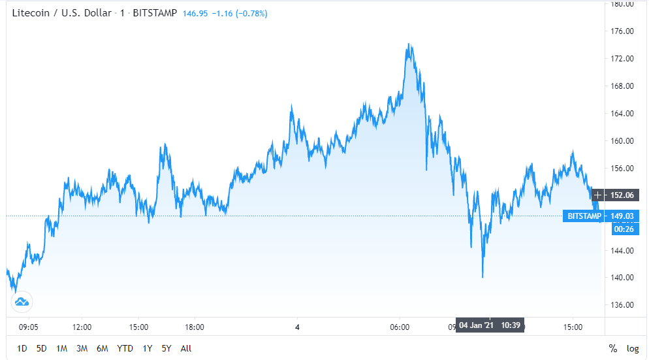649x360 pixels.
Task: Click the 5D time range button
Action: click(x=42, y=348)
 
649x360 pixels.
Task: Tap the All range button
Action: click(x=186, y=348)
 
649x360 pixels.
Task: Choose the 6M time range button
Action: click(x=102, y=348)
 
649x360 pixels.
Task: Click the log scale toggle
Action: click(x=633, y=348)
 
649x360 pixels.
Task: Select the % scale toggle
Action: click(x=613, y=348)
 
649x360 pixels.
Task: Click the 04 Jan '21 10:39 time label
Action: click(x=490, y=325)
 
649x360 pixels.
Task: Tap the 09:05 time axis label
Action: click(x=29, y=327)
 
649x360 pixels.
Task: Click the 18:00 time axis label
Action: click(x=195, y=327)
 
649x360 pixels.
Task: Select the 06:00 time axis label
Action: click(x=400, y=327)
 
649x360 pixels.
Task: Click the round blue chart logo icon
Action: click(x=21, y=302)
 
